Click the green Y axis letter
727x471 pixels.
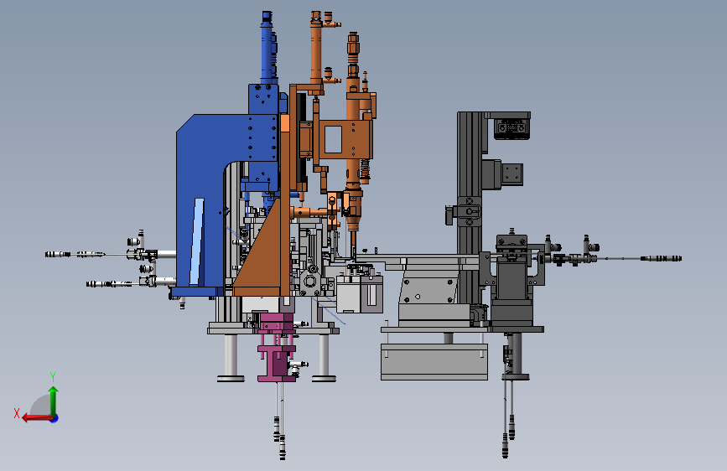(x=53, y=376)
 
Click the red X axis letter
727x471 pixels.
(x=17, y=413)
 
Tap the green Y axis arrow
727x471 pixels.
(x=54, y=401)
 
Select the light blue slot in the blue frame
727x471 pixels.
(x=197, y=241)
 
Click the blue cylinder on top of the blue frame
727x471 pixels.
(x=268, y=49)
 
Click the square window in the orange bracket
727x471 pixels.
(x=333, y=140)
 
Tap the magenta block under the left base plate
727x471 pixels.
(x=278, y=348)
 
